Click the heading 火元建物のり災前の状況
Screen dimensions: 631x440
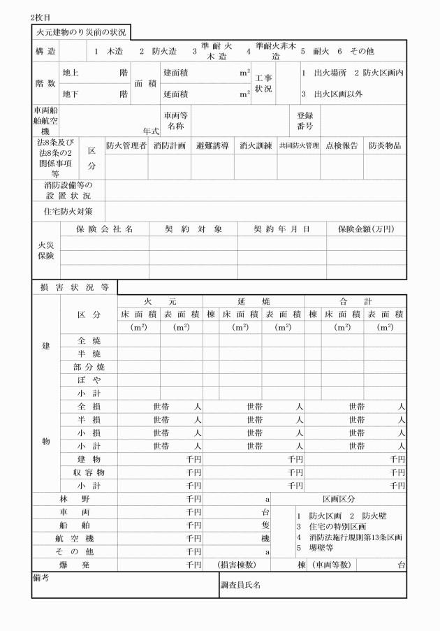pyautogui.click(x=81, y=32)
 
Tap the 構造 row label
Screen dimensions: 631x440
pyautogui.click(x=45, y=52)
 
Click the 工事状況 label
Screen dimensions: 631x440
pyautogui.click(x=263, y=83)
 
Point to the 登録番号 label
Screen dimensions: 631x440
pyautogui.click(x=306, y=120)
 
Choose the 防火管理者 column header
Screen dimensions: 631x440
pyautogui.click(x=126, y=146)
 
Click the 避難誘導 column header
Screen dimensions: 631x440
pyautogui.click(x=213, y=146)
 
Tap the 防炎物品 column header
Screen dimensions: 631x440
pyautogui.click(x=384, y=146)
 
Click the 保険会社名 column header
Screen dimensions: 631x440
pyautogui.click(x=105, y=229)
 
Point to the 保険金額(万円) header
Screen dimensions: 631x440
pyautogui.click(x=365, y=229)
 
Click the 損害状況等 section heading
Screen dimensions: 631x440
pyautogui.click(x=74, y=287)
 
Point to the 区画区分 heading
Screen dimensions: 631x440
pyautogui.click(x=338, y=500)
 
